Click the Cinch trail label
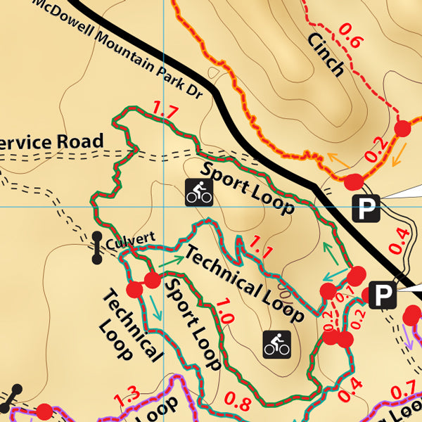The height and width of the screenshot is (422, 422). click(x=326, y=54)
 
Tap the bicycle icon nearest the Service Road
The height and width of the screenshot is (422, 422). click(x=199, y=191)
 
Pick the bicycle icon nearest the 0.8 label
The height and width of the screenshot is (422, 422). click(x=276, y=344)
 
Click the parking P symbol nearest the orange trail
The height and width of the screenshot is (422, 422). click(x=366, y=208)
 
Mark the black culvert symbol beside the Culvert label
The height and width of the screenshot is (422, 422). click(x=96, y=248)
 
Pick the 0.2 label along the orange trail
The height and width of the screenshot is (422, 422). click(x=377, y=148)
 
